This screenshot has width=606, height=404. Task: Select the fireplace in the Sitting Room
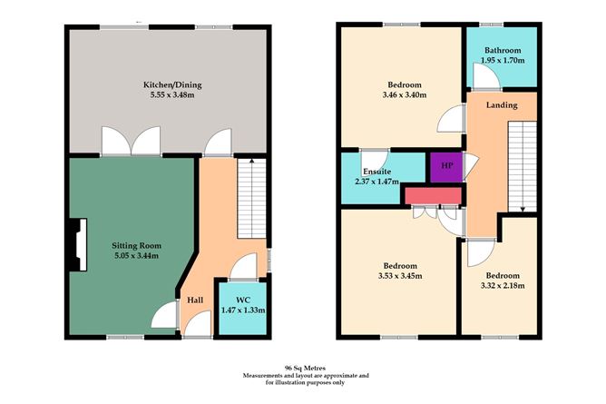click(x=77, y=245)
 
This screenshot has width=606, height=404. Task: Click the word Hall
click(x=194, y=300)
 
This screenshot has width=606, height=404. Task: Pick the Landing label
click(x=502, y=105)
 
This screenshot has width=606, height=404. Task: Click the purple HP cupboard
click(x=446, y=166)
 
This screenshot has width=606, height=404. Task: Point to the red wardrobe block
click(x=433, y=195)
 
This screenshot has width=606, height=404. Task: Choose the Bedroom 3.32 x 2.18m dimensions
click(x=502, y=285)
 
